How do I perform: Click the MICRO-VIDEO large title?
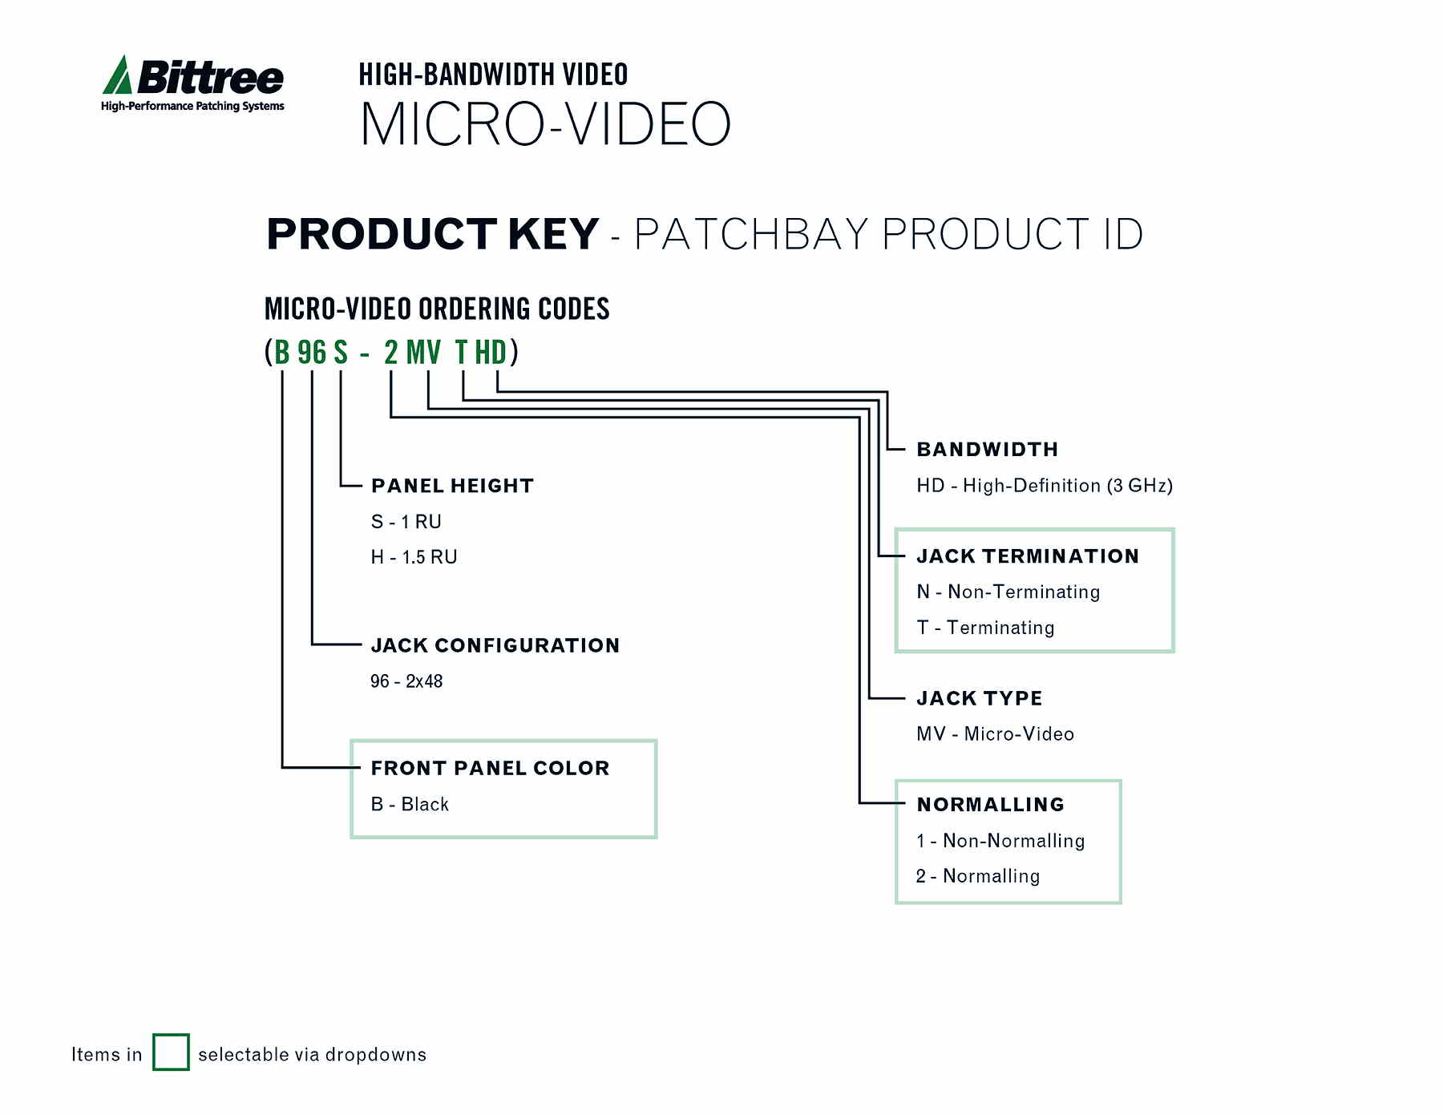tap(545, 124)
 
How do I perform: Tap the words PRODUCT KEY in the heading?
tap(432, 234)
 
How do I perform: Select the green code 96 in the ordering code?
tap(312, 353)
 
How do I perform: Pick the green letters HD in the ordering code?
tap(491, 353)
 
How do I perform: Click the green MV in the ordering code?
tap(423, 353)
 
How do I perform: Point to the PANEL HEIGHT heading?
tap(452, 486)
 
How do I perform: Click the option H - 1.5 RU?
tap(414, 557)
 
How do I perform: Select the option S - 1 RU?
tap(406, 522)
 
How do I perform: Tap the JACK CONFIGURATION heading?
tap(495, 645)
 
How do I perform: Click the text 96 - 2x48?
tap(406, 681)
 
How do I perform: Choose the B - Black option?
tap(410, 804)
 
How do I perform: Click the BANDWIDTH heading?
tap(987, 450)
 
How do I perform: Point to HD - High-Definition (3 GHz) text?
tap(1044, 486)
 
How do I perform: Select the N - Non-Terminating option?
tap(1008, 592)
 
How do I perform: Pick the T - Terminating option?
tap(985, 628)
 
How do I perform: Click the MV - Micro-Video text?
tap(995, 734)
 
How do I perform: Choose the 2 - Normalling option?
tap(977, 876)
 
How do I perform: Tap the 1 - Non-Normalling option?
tap(1000, 841)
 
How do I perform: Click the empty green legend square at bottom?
tap(171, 1052)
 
